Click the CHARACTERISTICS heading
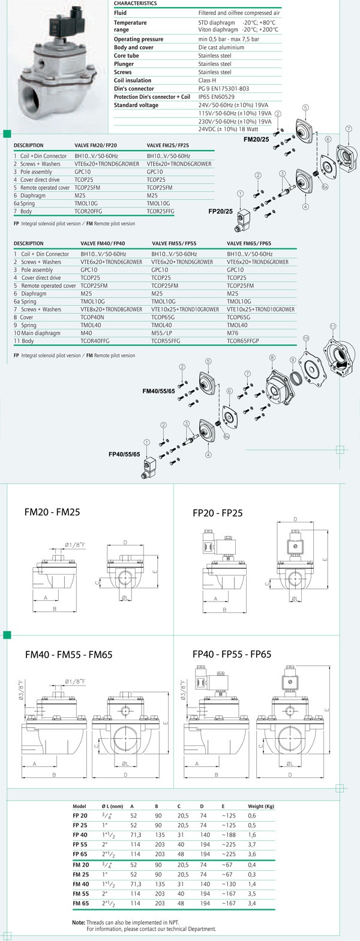click(x=135, y=4)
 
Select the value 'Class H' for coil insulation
click(x=207, y=80)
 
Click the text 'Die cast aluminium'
click(x=221, y=47)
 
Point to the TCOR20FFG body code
click(x=88, y=212)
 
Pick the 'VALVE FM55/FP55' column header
click(x=174, y=243)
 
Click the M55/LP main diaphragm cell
click(x=161, y=333)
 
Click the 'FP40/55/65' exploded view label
click(x=124, y=454)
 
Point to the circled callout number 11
click(x=332, y=326)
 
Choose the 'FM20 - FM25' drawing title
click(x=52, y=512)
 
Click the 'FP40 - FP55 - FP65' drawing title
click(x=232, y=654)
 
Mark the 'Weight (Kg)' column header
click(x=261, y=807)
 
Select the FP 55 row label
click(x=80, y=844)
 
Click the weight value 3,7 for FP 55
click(x=251, y=844)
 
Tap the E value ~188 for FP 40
click(x=229, y=835)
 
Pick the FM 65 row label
click(x=80, y=903)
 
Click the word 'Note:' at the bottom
click(x=79, y=922)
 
